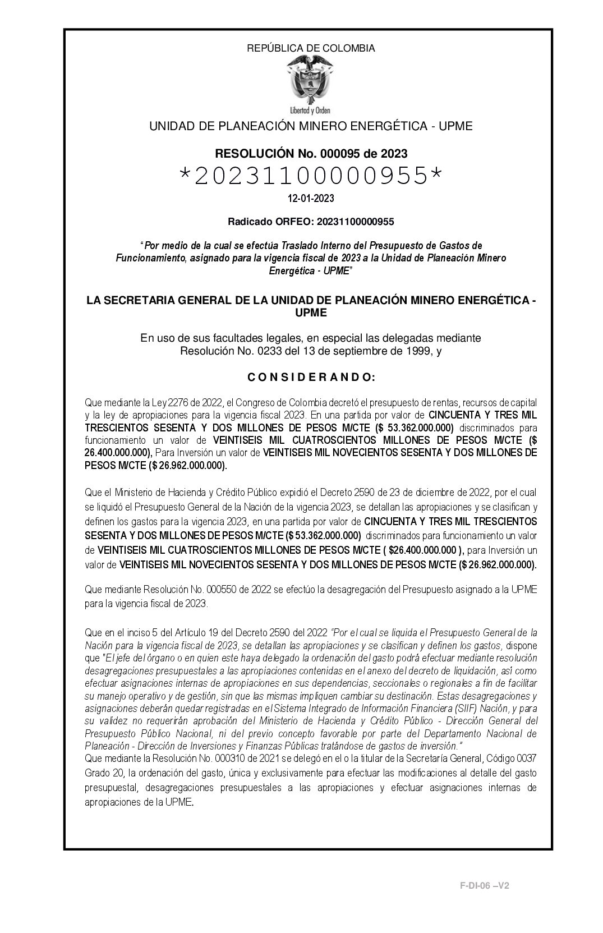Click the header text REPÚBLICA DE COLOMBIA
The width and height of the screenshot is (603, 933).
[311, 48]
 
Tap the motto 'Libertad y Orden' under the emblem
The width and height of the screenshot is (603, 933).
[310, 110]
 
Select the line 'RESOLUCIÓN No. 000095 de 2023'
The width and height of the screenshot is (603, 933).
[311, 153]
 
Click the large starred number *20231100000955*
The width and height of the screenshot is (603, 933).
[311, 176]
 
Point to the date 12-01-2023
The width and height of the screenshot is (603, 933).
[311, 199]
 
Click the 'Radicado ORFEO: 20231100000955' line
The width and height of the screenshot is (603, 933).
[311, 222]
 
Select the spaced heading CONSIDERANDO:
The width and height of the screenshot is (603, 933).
[311, 378]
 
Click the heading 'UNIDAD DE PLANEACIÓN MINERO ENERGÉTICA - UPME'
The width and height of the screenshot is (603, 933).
[311, 126]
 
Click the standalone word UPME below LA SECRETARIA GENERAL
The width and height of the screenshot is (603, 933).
[311, 313]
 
